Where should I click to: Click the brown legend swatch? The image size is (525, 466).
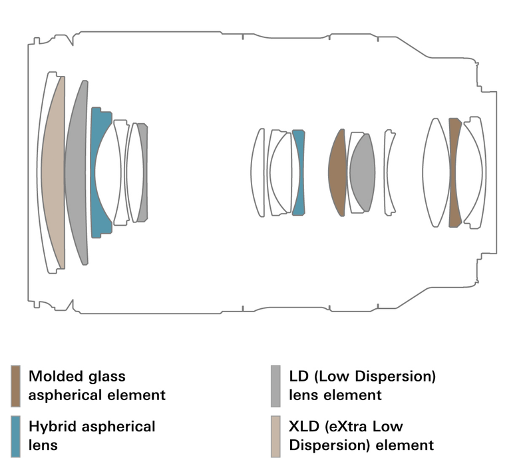point(15,385)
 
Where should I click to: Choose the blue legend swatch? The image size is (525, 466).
point(15,435)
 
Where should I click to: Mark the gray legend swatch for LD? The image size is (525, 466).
point(275,385)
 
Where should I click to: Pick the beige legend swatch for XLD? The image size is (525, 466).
point(275,435)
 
